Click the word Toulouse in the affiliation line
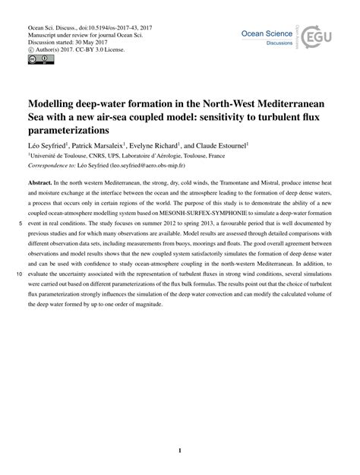pos(79,154)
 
